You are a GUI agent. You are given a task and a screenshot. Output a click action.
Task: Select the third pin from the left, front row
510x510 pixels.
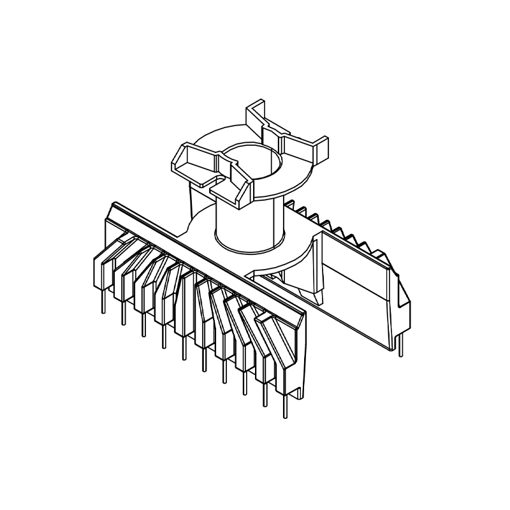point(143,323)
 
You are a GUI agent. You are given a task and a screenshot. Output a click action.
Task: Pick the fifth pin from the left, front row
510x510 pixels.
point(184,345)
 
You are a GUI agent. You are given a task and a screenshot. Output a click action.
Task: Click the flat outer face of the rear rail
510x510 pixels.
point(357,287)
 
